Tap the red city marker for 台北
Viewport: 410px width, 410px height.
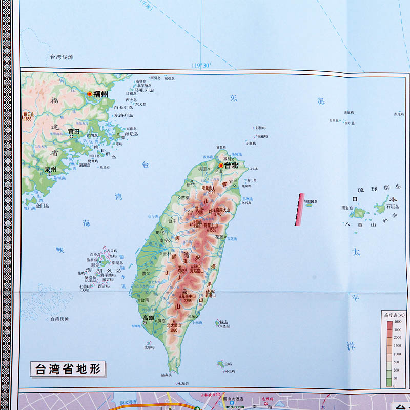pyautogui.click(x=221, y=166)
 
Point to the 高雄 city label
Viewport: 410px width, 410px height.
pyautogui.click(x=148, y=318)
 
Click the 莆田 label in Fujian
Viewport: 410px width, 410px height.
pyautogui.click(x=74, y=132)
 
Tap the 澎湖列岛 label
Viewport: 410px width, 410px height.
pyautogui.click(x=104, y=270)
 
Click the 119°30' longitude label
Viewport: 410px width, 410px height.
pyautogui.click(x=201, y=65)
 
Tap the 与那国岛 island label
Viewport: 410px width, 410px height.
pyautogui.click(x=311, y=202)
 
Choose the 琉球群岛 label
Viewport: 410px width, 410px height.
pyautogui.click(x=383, y=189)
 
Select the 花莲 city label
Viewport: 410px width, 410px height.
pyautogui.click(x=219, y=237)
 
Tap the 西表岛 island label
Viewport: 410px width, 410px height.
pyautogui.click(x=347, y=208)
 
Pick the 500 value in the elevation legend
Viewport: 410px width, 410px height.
pyautogui.click(x=398, y=361)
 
